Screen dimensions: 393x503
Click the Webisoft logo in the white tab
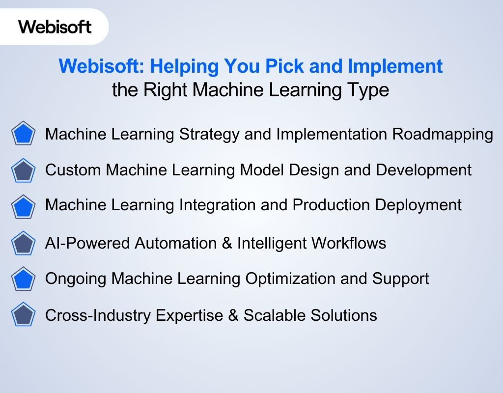click(x=55, y=26)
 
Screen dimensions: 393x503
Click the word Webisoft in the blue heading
click(x=96, y=66)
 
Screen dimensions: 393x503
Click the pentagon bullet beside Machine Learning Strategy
click(x=23, y=134)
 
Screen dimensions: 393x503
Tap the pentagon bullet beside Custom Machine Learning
click(x=23, y=170)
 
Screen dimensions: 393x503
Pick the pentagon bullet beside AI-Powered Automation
click(x=23, y=243)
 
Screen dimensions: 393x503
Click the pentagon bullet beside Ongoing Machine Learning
click(x=23, y=279)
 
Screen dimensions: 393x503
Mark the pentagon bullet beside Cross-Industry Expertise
click(x=23, y=315)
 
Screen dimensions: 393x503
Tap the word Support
click(x=401, y=279)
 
